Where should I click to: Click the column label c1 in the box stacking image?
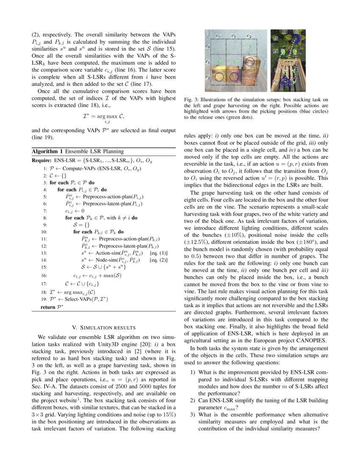[x=233, y=36]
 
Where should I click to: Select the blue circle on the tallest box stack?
[x=250, y=61]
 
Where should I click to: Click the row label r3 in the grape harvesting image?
[x=275, y=38]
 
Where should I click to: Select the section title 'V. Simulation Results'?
[x=104, y=327]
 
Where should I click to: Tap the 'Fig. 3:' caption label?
[x=191, y=100]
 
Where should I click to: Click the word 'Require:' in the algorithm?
[x=42, y=160]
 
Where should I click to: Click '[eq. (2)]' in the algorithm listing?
[x=161, y=260]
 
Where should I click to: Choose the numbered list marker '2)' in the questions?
[x=193, y=400]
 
